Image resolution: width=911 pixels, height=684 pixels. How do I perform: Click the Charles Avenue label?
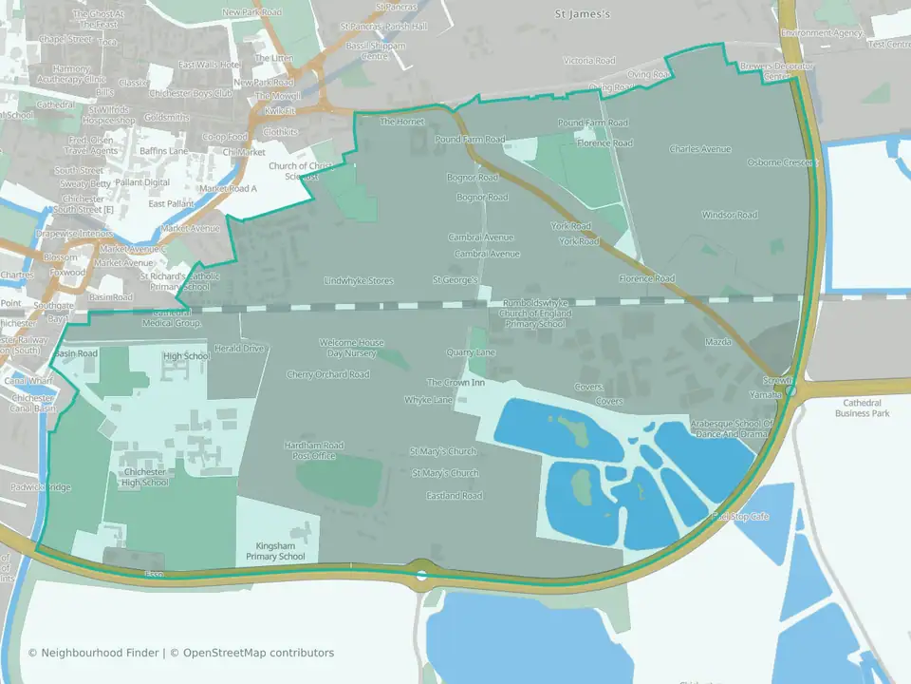[699, 149]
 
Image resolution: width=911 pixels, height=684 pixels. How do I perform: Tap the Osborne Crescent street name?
[783, 162]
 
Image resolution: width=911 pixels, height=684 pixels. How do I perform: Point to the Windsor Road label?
[730, 215]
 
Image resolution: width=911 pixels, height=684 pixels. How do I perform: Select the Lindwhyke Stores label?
[359, 281]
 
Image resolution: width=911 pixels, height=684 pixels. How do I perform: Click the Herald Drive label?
[239, 349]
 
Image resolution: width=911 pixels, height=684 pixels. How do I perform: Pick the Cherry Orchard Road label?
[328, 374]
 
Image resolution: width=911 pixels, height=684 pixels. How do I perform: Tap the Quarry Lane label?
[471, 352]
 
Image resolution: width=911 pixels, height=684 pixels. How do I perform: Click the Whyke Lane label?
[429, 400]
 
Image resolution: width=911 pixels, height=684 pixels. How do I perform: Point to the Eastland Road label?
[454, 496]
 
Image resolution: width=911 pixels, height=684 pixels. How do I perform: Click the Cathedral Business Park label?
[862, 408]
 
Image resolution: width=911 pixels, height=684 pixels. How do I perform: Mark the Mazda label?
[717, 340]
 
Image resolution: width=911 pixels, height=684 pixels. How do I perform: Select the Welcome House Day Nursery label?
[352, 348]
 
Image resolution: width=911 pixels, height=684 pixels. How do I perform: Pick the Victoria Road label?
[590, 61]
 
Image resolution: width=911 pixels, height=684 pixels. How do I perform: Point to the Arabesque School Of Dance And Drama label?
[732, 427]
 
